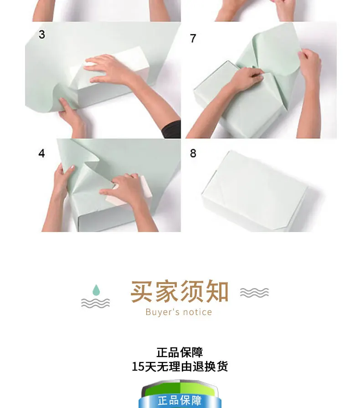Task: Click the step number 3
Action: point(41,35)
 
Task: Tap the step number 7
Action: point(193,38)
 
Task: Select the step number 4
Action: point(41,153)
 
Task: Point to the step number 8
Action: point(193,153)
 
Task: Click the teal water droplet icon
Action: point(96,290)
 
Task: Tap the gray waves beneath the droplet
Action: point(95,303)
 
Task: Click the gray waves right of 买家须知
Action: point(254,293)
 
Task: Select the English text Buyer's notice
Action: point(179,312)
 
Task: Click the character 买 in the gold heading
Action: point(141,291)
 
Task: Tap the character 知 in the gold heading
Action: point(217,291)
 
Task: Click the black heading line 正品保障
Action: point(180,352)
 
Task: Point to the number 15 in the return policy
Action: point(138,367)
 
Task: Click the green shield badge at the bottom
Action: point(180,394)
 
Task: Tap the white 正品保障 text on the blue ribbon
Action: point(180,400)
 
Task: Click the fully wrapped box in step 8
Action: point(254,191)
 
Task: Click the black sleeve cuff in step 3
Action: point(171,129)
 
